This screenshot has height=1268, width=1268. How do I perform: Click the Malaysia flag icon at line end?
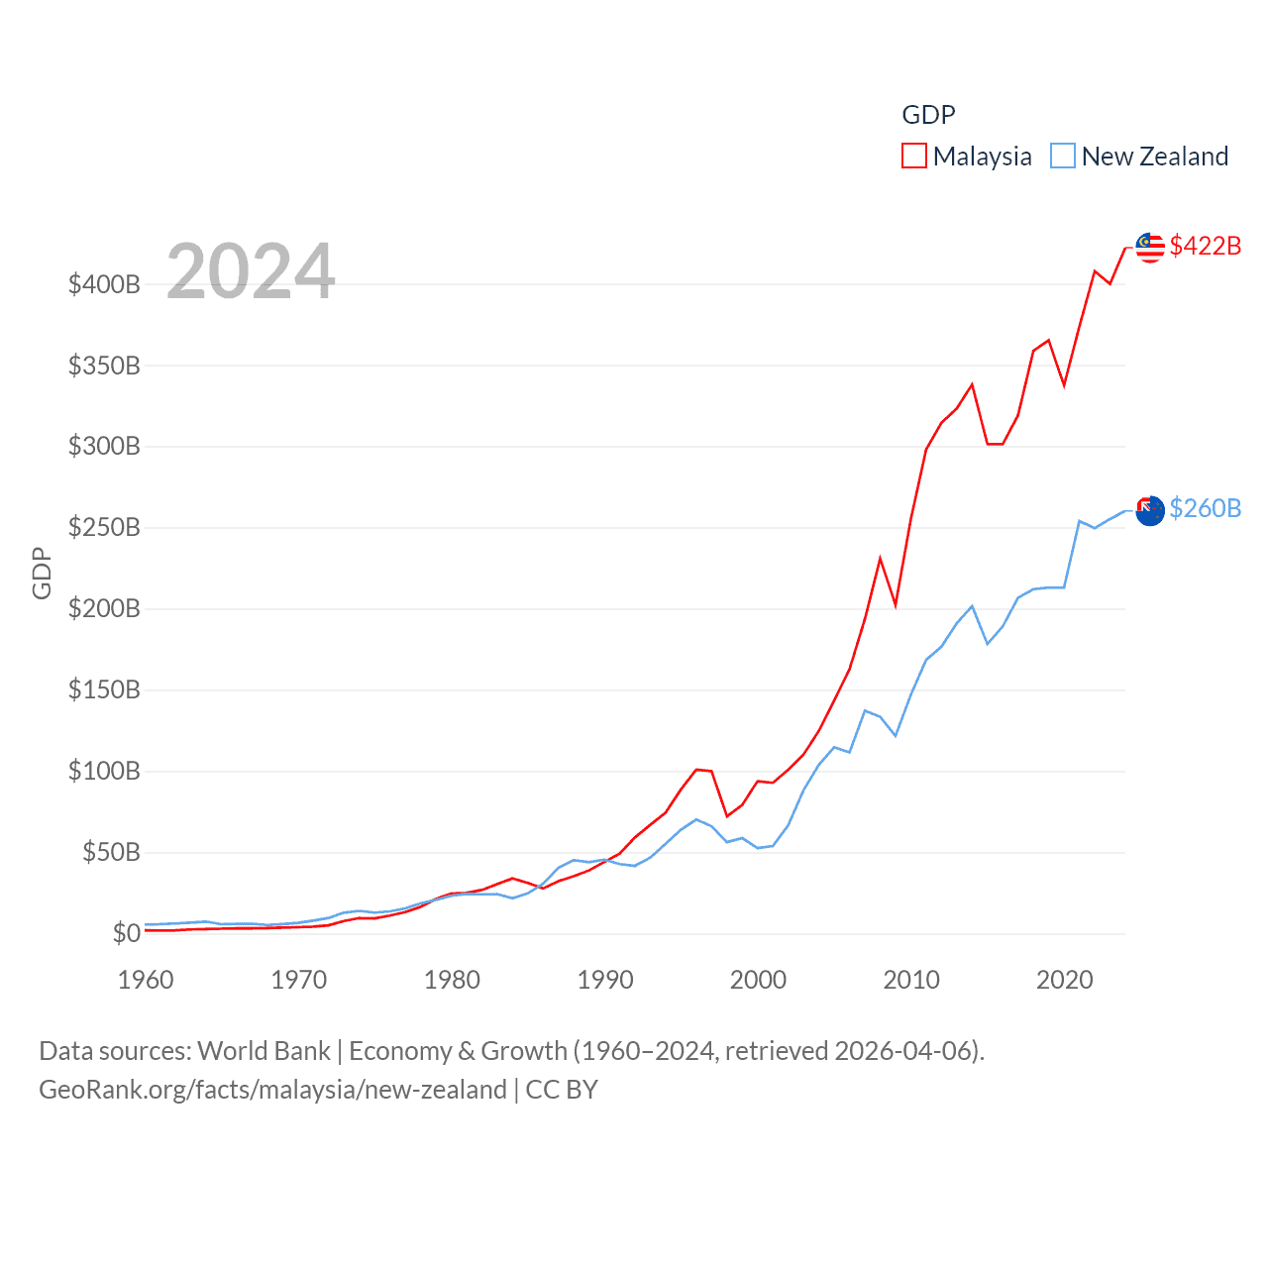pyautogui.click(x=1149, y=248)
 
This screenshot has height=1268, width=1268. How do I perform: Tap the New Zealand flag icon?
pyautogui.click(x=1149, y=510)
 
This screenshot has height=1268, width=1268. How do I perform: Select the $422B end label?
pyautogui.click(x=1205, y=246)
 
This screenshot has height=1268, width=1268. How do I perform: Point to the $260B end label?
pyautogui.click(x=1205, y=508)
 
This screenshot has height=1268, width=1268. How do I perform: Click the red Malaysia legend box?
pyautogui.click(x=913, y=157)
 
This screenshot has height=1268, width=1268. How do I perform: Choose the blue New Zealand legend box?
pyautogui.click(x=1062, y=157)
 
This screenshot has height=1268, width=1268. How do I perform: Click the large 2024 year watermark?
pyautogui.click(x=251, y=271)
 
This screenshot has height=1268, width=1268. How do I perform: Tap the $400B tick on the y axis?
pyautogui.click(x=104, y=285)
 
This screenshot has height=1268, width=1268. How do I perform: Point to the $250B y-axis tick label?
pyautogui.click(x=104, y=527)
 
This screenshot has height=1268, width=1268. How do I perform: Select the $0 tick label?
pyautogui.click(x=126, y=933)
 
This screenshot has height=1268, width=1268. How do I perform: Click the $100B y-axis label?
pyautogui.click(x=104, y=771)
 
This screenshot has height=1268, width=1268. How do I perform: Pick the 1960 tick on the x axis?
pyautogui.click(x=146, y=980)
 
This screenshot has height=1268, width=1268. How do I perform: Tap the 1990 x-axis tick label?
pyautogui.click(x=605, y=980)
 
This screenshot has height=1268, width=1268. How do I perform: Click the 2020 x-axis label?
pyautogui.click(x=1065, y=980)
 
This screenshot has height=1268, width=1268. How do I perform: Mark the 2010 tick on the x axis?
pyautogui.click(x=911, y=980)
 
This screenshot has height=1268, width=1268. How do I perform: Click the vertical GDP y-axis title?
pyautogui.click(x=42, y=573)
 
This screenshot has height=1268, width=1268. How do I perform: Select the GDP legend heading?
pyautogui.click(x=928, y=115)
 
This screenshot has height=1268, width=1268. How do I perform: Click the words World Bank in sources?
pyautogui.click(x=264, y=1051)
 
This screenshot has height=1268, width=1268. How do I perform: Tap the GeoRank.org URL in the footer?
pyautogui.click(x=272, y=1090)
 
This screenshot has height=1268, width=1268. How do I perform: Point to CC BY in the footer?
pyautogui.click(x=562, y=1090)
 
